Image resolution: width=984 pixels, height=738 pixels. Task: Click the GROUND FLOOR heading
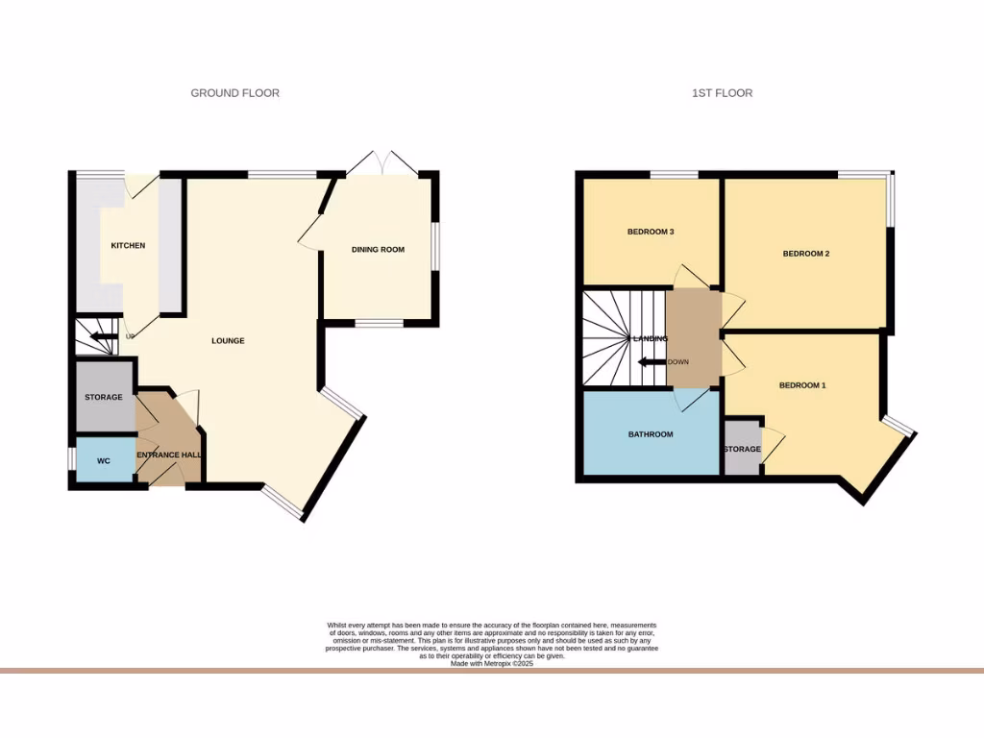(x=234, y=93)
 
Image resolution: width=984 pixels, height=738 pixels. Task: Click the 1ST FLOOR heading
(x=722, y=93)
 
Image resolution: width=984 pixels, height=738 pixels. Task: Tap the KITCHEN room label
(x=128, y=246)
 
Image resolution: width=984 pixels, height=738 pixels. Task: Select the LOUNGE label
(x=229, y=341)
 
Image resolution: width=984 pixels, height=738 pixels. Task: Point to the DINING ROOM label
(x=378, y=250)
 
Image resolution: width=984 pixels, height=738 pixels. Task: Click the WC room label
(x=104, y=461)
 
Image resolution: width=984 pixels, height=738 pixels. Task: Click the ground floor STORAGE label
(x=103, y=397)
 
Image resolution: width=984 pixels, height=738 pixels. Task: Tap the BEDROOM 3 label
(x=651, y=232)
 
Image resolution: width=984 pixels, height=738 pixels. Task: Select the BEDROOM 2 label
(x=805, y=254)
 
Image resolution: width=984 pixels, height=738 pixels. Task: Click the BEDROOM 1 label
(x=802, y=385)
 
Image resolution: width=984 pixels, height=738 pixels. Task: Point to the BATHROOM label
(x=651, y=434)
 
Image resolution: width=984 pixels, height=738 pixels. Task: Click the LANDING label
(x=651, y=338)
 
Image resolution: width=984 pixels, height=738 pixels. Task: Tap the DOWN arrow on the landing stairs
(x=654, y=362)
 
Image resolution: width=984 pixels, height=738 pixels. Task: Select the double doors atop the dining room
(x=381, y=163)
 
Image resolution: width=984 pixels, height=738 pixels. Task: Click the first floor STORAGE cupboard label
(x=742, y=449)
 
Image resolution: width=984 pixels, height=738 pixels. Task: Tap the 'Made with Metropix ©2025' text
(x=491, y=663)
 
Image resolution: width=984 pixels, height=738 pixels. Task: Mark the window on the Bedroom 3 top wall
(x=674, y=174)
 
